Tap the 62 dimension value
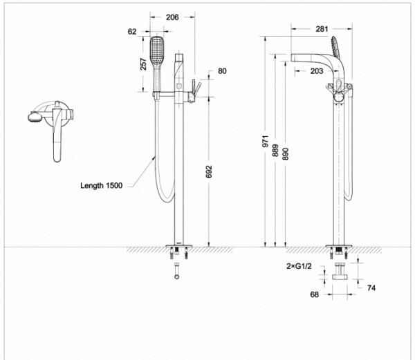132,31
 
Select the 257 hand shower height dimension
143,64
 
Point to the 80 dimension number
221,70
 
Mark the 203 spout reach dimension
317,70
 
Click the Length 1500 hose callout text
101,186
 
